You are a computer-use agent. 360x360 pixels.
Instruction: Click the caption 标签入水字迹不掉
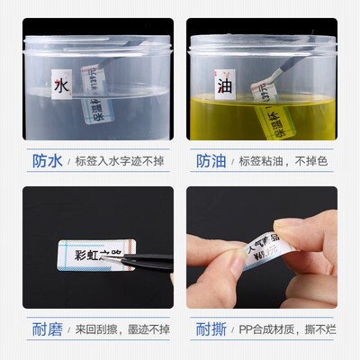coord(117,161)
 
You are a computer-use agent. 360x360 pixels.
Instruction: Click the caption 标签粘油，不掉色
coord(283,161)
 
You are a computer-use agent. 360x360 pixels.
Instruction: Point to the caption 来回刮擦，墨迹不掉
coord(122,327)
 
